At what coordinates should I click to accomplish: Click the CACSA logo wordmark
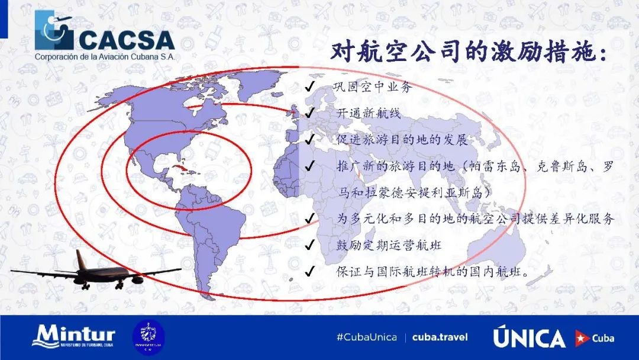click(127, 40)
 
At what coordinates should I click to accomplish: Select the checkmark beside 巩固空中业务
click(309, 86)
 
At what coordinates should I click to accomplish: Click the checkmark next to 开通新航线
click(309, 112)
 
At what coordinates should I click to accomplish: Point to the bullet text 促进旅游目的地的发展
click(402, 140)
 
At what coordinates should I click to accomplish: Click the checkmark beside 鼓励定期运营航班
click(309, 245)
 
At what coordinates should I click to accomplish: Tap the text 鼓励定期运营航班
click(389, 245)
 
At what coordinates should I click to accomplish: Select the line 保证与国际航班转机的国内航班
click(433, 271)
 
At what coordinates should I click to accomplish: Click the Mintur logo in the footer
click(74, 336)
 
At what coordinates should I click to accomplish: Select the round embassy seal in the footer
click(149, 337)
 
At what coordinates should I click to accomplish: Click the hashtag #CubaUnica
click(367, 337)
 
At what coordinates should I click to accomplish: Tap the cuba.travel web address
click(440, 337)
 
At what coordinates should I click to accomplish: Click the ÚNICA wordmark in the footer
click(530, 337)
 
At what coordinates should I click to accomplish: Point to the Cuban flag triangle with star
click(582, 338)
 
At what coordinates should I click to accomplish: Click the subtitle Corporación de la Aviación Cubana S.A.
click(105, 57)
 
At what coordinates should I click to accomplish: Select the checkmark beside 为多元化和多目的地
click(309, 218)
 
